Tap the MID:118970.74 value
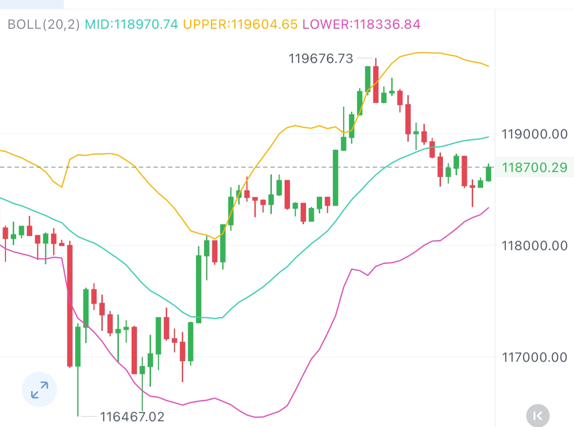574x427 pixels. [132, 24]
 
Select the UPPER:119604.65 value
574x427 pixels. [240, 24]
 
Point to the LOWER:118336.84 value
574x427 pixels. [361, 24]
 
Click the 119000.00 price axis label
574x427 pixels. [534, 134]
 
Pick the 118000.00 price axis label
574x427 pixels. [534, 246]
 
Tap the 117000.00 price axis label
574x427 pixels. [534, 357]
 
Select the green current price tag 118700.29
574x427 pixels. [534, 168]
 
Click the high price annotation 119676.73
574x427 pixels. [321, 59]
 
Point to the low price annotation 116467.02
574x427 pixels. [132, 417]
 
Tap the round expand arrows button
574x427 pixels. [39, 389]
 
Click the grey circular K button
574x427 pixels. [537, 416]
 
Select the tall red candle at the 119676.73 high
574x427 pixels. [376, 84]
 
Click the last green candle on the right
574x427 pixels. [488, 174]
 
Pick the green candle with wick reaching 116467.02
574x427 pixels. [78, 346]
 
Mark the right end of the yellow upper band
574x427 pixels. [488, 66]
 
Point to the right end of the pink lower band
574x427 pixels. [488, 208]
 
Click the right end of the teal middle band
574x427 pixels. [488, 137]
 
